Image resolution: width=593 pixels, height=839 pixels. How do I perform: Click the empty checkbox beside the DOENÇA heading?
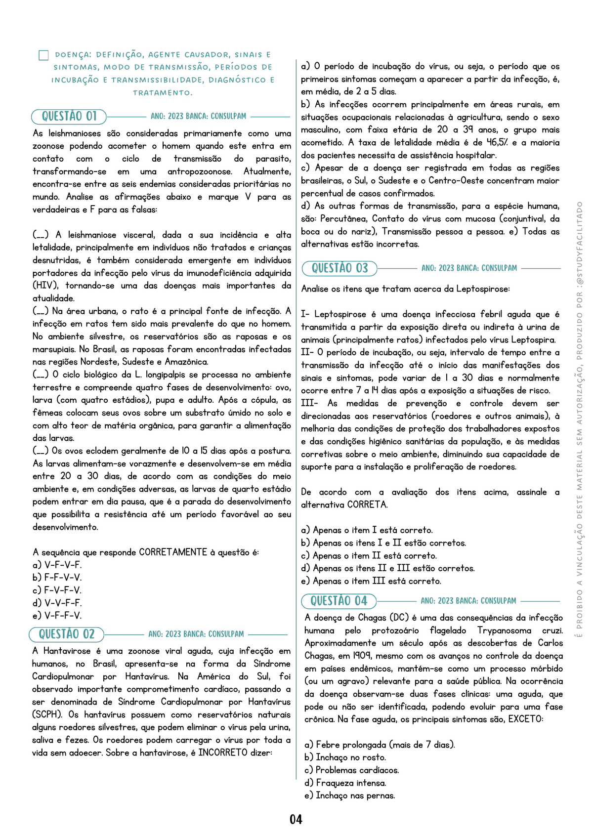click(x=43, y=55)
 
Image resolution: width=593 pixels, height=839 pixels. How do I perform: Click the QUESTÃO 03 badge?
click(x=339, y=268)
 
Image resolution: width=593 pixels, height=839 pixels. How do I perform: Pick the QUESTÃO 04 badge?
click(x=339, y=601)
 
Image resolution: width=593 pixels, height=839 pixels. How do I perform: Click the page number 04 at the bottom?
click(x=296, y=819)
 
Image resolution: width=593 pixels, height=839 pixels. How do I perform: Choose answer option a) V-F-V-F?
click(x=57, y=565)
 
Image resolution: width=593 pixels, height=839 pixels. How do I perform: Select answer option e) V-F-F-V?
click(x=57, y=616)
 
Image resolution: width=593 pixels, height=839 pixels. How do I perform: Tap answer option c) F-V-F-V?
click(x=57, y=590)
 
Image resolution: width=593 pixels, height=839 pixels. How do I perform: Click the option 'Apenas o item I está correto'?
click(x=367, y=530)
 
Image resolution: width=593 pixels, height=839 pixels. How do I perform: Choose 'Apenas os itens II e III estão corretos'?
click(x=388, y=568)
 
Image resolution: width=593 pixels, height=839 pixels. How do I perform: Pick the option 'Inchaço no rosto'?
click(x=345, y=757)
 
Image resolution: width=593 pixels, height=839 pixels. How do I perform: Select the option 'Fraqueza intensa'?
click(x=345, y=783)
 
